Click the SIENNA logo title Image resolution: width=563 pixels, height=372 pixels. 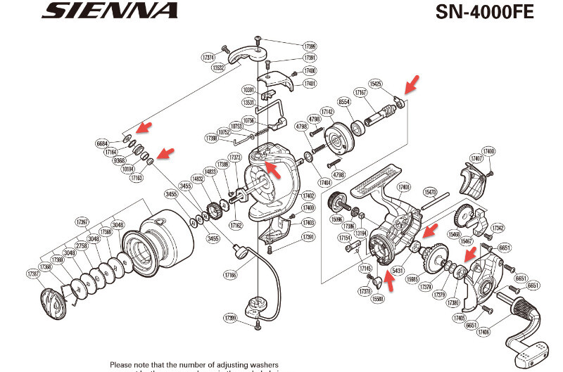coord(108,11)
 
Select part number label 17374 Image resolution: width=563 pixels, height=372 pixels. coord(208,57)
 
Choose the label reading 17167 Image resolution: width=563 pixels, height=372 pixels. coord(360,93)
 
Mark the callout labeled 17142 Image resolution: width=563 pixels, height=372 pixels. coord(327,111)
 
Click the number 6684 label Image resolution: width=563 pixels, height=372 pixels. coord(103,143)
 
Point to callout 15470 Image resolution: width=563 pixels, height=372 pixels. coord(430,191)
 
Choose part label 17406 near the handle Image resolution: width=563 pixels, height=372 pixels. coord(483,332)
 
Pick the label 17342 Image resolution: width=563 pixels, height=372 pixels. coord(498,228)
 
